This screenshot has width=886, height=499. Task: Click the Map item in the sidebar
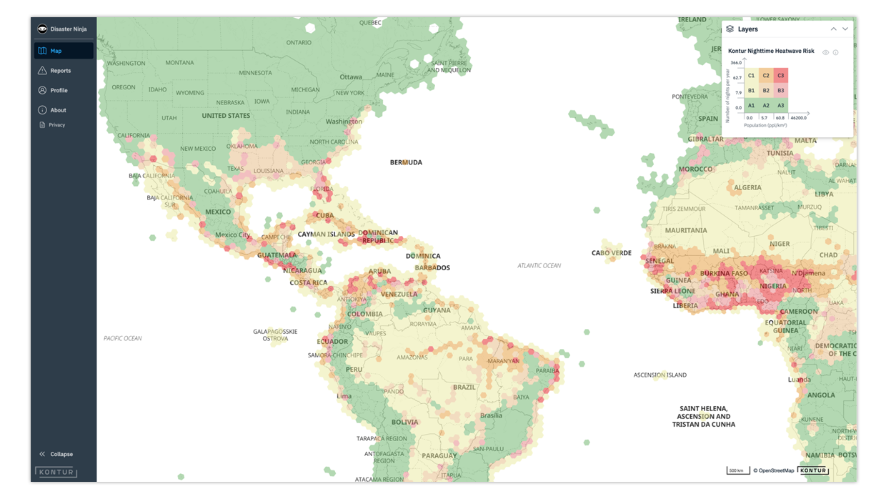pos(56,51)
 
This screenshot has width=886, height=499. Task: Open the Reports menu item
pos(60,71)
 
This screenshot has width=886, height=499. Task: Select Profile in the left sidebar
pos(59,91)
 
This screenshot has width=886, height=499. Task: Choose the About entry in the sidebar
pos(58,110)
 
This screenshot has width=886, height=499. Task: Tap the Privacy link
pos(56,125)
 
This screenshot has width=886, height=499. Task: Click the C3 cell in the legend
pos(781,75)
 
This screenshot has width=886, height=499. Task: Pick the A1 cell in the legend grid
pos(751,105)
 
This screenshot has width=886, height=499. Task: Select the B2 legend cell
pos(766,91)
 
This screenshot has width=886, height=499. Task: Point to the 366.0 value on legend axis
pos(736,63)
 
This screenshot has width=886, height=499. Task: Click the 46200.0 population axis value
pos(798,117)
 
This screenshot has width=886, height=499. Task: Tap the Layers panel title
pos(747,29)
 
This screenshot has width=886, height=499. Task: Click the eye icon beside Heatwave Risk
pos(825,52)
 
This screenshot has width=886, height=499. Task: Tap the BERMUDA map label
pos(406,162)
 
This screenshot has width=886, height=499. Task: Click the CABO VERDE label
pos(612,253)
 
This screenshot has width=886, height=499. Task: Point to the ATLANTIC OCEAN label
pos(539,266)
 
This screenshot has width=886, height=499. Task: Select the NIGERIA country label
pos(773,286)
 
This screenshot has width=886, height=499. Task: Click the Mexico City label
pos(232,235)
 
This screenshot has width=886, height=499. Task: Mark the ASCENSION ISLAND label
pos(660,375)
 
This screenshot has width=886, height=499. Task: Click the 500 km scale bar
pos(736,470)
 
